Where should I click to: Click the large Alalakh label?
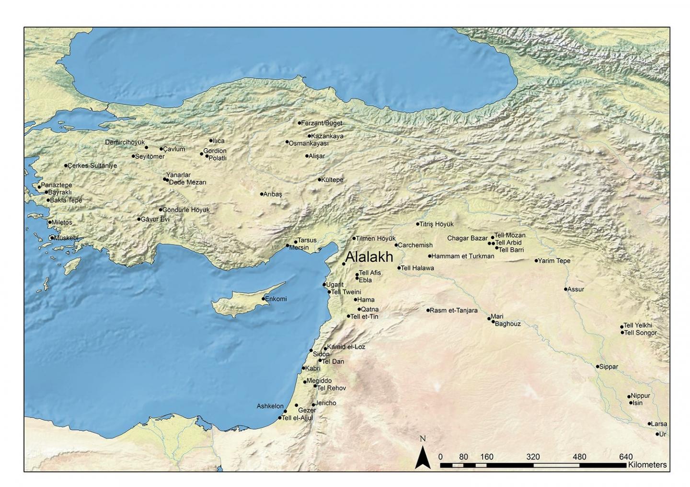click(x=369, y=257)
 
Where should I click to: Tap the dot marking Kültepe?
click(x=320, y=180)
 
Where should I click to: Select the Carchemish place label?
click(x=415, y=245)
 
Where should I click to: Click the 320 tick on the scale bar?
click(x=533, y=457)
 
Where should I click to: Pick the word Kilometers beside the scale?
click(x=647, y=465)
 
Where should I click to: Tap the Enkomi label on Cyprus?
click(x=276, y=299)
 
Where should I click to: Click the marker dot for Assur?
click(x=566, y=289)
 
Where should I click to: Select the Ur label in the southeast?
click(x=663, y=434)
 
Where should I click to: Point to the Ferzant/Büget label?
click(x=322, y=123)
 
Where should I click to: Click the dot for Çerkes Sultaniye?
click(x=66, y=166)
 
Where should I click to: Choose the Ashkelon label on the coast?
click(x=270, y=406)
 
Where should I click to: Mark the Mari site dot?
click(x=489, y=318)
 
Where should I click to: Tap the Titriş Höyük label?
click(x=437, y=224)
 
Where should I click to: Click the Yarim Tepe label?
click(x=554, y=261)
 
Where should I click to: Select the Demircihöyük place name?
click(x=125, y=142)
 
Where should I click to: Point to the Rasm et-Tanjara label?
click(x=454, y=310)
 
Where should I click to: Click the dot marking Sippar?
click(x=598, y=367)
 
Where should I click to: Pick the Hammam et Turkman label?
click(x=463, y=256)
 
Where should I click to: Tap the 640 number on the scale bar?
click(x=626, y=457)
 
